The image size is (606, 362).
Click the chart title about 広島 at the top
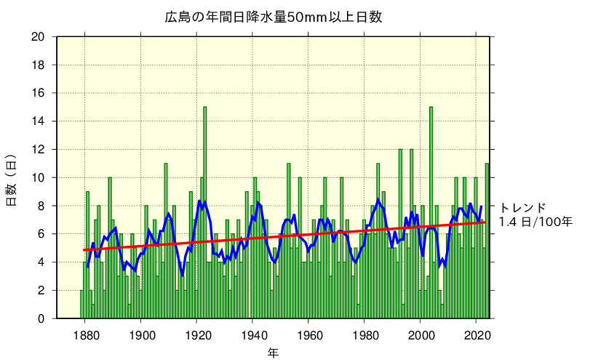coord(273,17)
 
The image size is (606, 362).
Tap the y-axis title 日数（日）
coord(12,180)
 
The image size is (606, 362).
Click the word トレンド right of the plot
coord(522,207)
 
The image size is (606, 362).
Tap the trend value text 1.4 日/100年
coord(535,221)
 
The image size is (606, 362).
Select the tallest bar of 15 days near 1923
coord(205,212)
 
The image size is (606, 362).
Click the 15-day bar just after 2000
coord(431,212)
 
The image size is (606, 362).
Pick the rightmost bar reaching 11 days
coord(487,241)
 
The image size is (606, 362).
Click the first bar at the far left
coord(81,305)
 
